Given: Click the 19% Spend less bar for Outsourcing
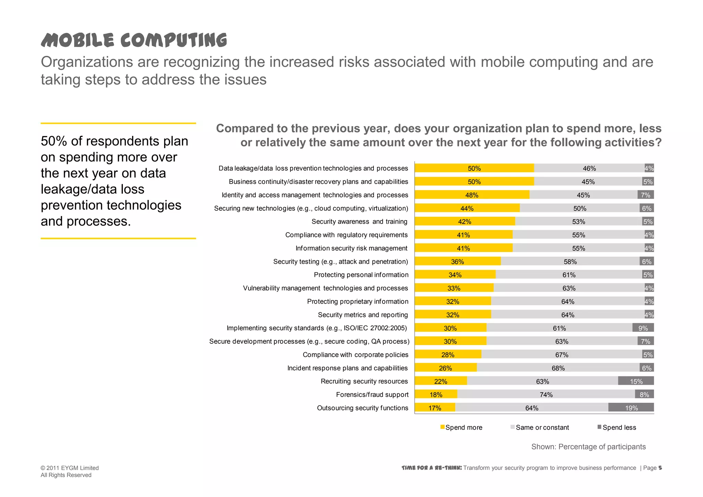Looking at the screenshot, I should (631, 407).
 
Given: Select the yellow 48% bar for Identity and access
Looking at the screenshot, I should (472, 195).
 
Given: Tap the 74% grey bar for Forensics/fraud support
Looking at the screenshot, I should (546, 394).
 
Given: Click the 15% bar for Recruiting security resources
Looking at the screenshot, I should (636, 381).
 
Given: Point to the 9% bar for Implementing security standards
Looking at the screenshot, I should (643, 328).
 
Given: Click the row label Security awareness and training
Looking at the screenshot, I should (359, 222).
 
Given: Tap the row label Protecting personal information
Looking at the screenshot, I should (361, 275).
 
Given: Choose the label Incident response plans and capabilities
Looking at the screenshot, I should (347, 368).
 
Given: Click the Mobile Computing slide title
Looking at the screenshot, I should (134, 40).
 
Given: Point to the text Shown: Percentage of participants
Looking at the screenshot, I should (588, 447).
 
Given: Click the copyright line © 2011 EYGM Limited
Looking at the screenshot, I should (70, 468).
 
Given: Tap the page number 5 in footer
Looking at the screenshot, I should (660, 468).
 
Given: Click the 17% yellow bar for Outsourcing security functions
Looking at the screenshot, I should (435, 408).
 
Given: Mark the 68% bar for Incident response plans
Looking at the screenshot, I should (558, 368).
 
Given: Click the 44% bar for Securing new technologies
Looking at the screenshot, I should (467, 208).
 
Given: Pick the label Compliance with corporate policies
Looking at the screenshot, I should (356, 355).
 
